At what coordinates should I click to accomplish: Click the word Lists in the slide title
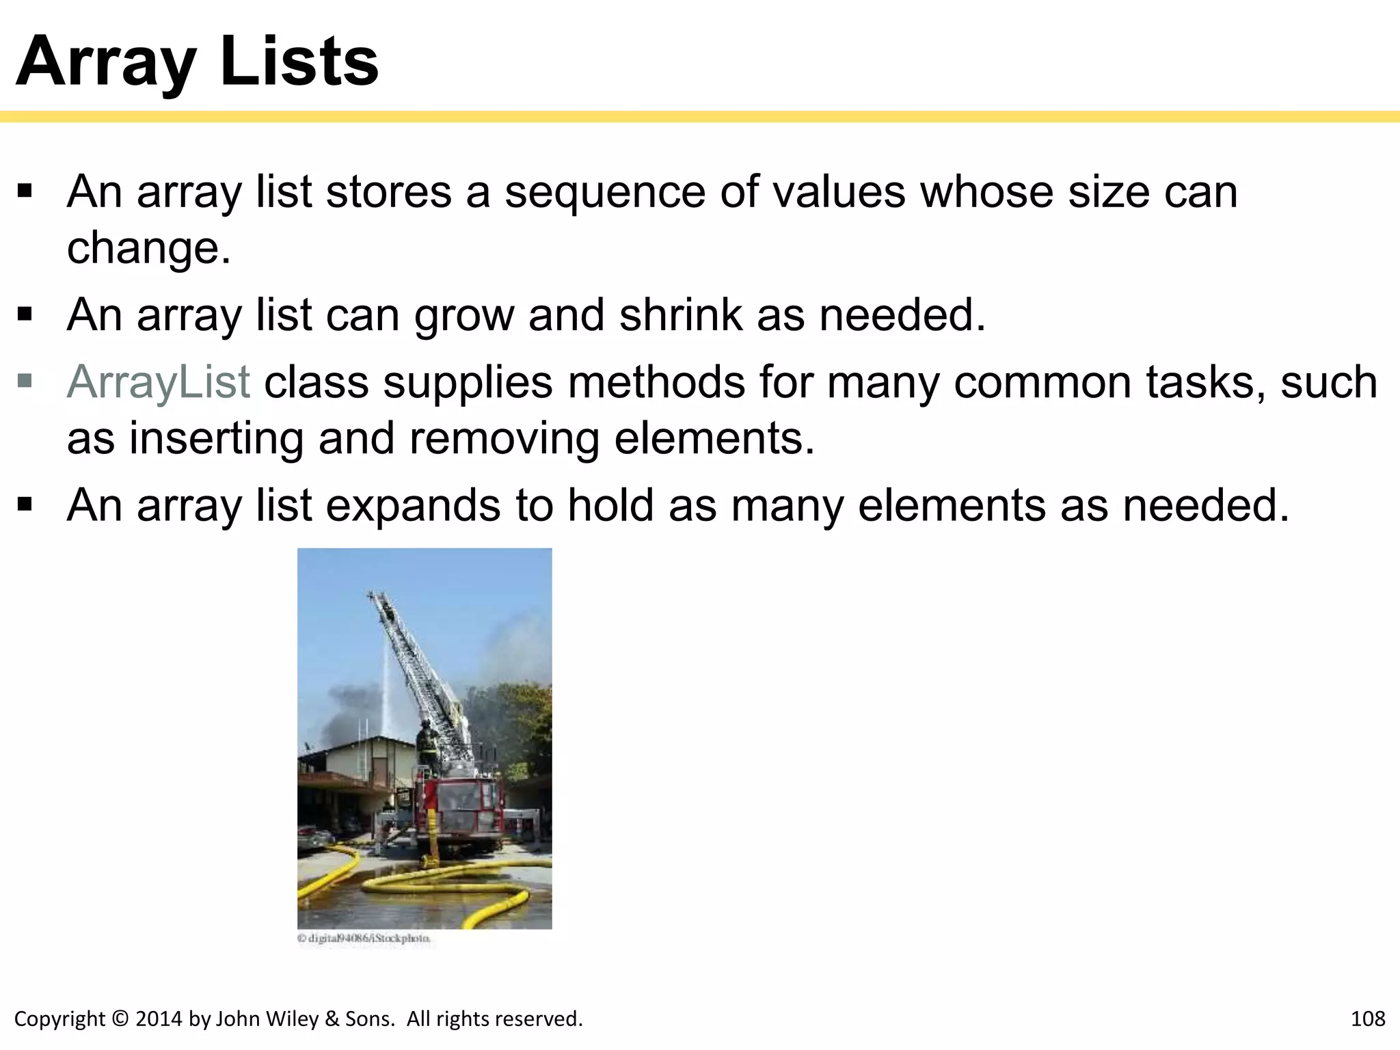click(299, 62)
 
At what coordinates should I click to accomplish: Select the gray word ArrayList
click(159, 381)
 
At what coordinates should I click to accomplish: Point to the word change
click(148, 247)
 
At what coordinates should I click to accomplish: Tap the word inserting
click(216, 438)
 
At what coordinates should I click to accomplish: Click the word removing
click(504, 438)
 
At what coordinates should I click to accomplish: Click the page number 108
click(1368, 1019)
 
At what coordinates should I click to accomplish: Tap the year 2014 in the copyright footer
click(159, 1019)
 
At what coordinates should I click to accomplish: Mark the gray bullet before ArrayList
click(25, 380)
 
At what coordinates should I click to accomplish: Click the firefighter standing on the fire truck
click(426, 745)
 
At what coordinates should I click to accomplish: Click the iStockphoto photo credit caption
click(364, 939)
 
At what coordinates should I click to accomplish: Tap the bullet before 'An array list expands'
click(25, 505)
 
